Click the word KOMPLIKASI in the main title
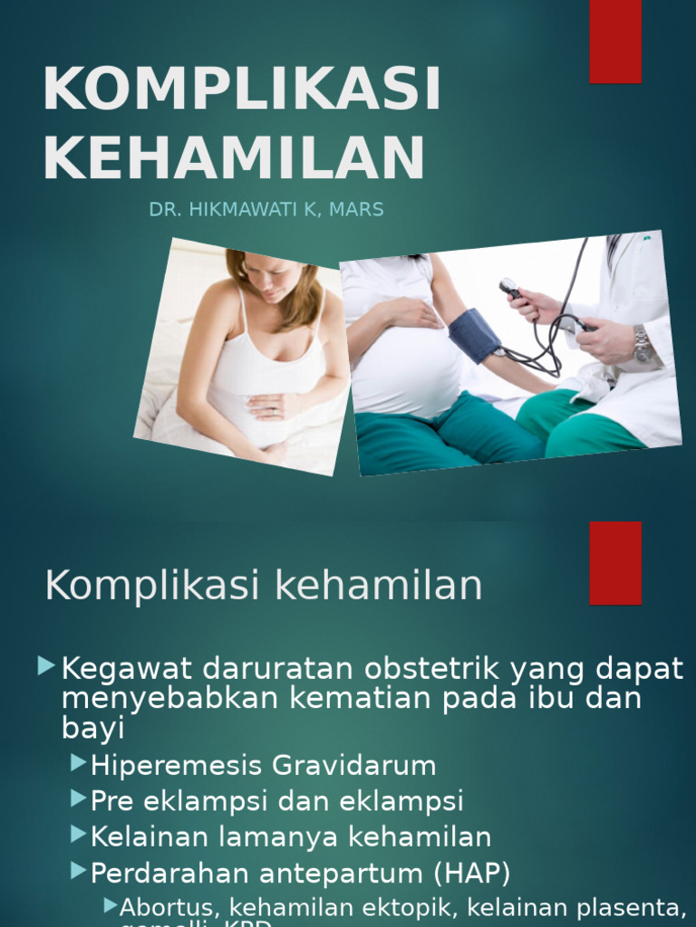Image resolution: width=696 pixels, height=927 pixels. [241, 90]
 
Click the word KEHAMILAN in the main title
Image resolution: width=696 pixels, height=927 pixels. [233, 158]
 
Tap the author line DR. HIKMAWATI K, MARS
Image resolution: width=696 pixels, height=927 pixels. [266, 210]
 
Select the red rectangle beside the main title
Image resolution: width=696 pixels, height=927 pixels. [615, 41]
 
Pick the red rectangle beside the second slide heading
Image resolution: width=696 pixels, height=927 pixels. [615, 562]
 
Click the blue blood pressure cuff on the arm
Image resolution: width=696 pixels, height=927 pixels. [474, 335]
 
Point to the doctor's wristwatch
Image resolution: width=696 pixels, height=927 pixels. [642, 344]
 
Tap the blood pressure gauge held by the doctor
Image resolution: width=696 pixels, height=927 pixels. [510, 290]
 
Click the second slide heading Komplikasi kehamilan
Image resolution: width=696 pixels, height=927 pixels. [264, 586]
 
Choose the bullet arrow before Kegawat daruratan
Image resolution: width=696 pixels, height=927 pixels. [47, 668]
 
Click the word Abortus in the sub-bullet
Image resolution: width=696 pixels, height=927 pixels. [171, 906]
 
